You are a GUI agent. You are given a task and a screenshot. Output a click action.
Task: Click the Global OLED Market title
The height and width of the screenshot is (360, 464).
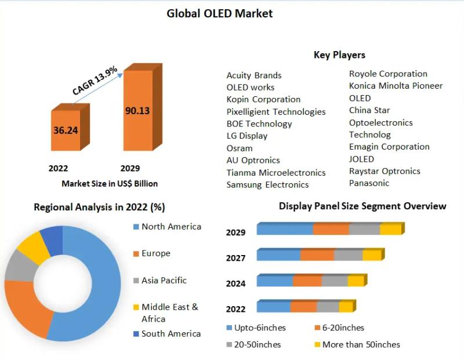click(x=219, y=13)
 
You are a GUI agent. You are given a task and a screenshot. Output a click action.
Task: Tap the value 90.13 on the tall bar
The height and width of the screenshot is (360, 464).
click(x=137, y=110)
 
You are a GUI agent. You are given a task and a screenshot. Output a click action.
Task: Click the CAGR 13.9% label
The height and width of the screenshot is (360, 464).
click(x=95, y=81)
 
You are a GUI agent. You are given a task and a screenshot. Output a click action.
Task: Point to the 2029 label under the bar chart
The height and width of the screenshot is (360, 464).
click(x=130, y=169)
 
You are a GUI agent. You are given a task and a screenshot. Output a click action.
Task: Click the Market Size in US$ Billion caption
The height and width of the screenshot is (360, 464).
click(x=110, y=183)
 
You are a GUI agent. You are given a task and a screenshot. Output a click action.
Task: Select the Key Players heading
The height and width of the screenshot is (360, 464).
click(x=339, y=55)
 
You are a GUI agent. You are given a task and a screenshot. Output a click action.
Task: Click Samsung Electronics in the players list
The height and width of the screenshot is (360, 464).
click(x=267, y=184)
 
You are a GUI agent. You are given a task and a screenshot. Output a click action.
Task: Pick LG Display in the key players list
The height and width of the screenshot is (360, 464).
click(x=247, y=136)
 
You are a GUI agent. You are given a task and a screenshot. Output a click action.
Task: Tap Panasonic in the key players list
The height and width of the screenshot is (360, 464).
click(x=369, y=183)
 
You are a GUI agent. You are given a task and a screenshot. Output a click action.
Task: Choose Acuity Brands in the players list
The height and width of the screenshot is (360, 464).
click(x=254, y=75)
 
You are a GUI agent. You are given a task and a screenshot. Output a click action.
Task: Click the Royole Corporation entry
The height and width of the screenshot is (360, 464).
click(x=388, y=74)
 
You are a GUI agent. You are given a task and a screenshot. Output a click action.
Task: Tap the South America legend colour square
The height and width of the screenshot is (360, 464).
click(x=136, y=334)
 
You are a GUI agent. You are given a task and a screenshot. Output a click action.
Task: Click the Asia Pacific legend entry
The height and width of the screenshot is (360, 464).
click(x=164, y=281)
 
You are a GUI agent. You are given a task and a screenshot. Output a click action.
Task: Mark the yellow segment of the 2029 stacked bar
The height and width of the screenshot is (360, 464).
click(x=390, y=229)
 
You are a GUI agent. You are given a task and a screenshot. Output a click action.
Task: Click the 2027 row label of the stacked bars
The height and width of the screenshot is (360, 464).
click(x=235, y=258)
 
